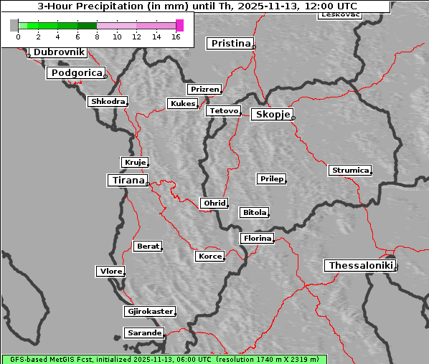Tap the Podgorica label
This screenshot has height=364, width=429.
[75, 73]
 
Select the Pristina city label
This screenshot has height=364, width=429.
[231, 44]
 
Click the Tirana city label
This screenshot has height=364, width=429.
[128, 181]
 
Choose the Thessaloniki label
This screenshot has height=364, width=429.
[361, 266]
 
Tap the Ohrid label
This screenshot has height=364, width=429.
[214, 203]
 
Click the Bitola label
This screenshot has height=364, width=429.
[254, 213]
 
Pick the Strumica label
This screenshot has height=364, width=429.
[350, 171]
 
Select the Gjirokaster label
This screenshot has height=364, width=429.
[149, 312]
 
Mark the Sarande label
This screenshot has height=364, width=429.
[143, 333]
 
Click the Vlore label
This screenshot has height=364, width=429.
[110, 272]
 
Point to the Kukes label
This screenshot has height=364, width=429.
[182, 104]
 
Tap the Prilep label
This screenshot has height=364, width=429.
[272, 178]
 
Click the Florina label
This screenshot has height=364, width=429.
[257, 238]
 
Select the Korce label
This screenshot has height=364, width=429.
[209, 256]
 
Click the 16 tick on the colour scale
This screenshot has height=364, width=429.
[176, 37]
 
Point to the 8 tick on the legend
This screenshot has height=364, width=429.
[97, 37]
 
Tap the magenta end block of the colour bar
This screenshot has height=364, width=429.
[179, 25]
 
